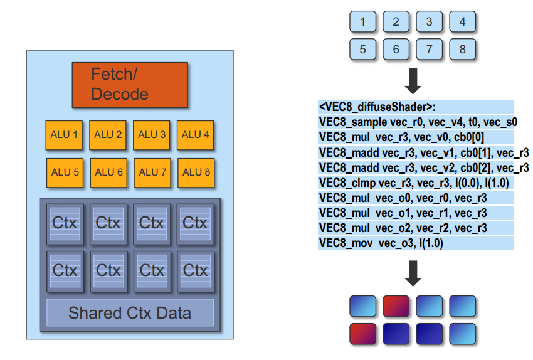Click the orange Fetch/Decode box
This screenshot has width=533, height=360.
click(x=130, y=85)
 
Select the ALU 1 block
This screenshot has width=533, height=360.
click(x=65, y=135)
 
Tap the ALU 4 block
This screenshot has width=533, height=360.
click(x=196, y=135)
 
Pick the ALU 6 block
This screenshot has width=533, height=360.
click(x=108, y=172)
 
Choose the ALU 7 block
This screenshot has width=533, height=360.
click(x=152, y=172)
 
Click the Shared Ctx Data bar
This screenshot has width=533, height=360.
click(x=130, y=312)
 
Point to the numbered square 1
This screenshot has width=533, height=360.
click(x=362, y=22)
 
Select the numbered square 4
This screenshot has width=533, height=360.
click(x=462, y=22)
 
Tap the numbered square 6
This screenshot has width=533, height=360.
click(x=396, y=49)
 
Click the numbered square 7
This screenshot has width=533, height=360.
click(x=429, y=49)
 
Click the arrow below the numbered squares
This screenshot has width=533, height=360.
click(x=413, y=80)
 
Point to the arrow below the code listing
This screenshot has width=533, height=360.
click(x=413, y=272)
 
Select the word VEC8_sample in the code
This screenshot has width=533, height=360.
click(x=349, y=122)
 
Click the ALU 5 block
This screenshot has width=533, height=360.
click(x=65, y=172)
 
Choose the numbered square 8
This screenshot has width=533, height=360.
click(x=462, y=49)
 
